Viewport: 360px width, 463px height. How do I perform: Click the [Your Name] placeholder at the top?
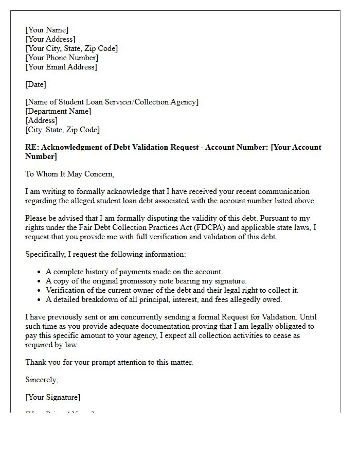click(47, 30)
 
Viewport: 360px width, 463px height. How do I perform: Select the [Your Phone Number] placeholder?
click(62, 58)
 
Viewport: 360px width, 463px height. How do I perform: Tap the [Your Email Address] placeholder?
click(61, 67)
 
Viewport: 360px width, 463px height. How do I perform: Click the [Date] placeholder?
click(35, 84)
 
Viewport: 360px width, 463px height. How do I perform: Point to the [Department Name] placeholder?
click(58, 111)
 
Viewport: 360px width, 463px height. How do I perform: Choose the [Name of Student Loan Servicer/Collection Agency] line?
click(112, 102)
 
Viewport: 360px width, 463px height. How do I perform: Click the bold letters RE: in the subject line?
click(32, 147)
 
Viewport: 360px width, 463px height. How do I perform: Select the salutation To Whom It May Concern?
click(69, 174)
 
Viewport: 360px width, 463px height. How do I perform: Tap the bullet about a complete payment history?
click(134, 272)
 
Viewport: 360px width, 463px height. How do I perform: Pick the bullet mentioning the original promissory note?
click(146, 281)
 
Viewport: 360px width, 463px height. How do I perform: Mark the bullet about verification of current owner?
click(172, 290)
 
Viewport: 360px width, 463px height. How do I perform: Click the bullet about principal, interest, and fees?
click(164, 299)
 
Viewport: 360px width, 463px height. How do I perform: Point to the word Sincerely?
click(41, 380)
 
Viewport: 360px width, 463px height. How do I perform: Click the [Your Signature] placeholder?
click(52, 397)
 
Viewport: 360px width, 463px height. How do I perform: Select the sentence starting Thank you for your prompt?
click(109, 362)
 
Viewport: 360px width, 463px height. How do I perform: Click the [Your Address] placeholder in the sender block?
click(50, 39)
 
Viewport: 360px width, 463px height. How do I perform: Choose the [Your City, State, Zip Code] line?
click(71, 48)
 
